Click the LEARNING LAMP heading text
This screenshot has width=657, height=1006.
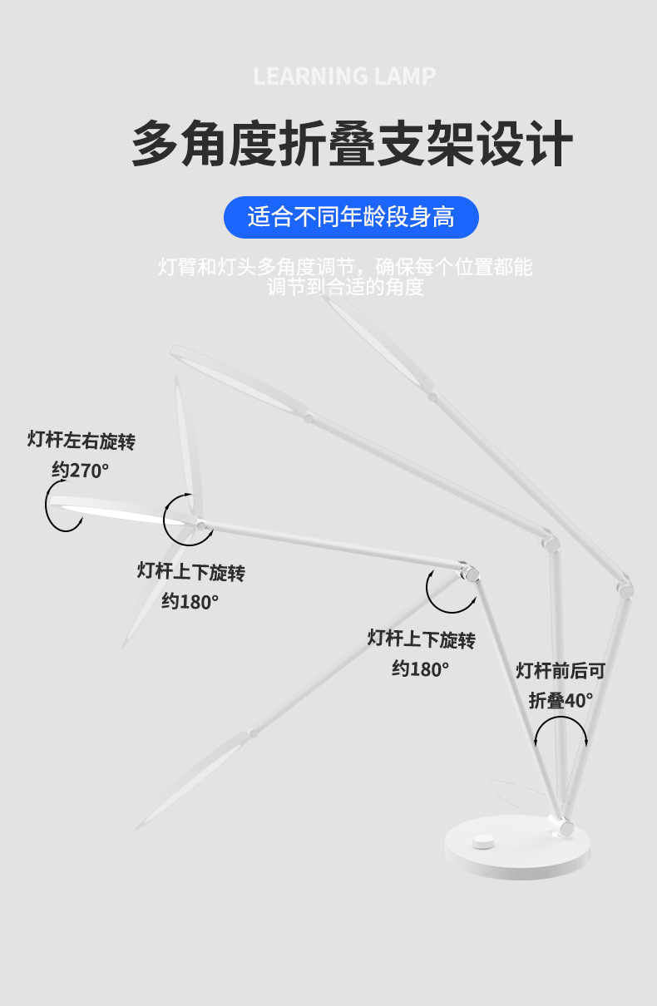coord(344,76)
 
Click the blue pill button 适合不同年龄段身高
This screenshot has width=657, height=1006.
coord(351,218)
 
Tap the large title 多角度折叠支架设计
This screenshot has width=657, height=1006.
coord(352,144)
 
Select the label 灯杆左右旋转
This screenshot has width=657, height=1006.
coord(81,440)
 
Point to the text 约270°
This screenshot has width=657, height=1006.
coord(81,470)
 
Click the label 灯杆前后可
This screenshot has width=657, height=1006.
coord(560,670)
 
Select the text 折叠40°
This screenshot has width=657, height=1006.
coord(561,700)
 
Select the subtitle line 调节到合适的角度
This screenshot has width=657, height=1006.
coord(345,288)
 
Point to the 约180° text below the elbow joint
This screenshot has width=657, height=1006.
coord(421,668)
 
